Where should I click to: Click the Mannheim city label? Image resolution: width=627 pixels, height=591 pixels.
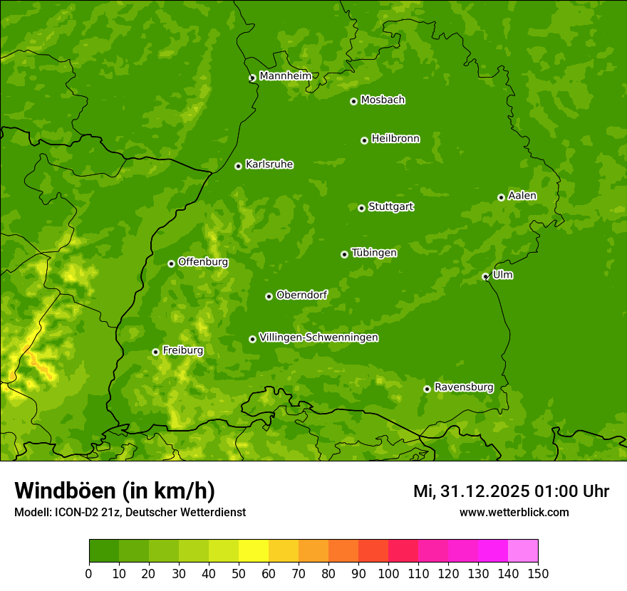pos(286,75)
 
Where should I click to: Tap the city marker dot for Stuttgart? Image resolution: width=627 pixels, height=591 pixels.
pos(361,208)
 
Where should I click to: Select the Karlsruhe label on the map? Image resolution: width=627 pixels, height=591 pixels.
pos(269,164)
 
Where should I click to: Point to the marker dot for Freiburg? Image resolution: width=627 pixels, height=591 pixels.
pos(155,352)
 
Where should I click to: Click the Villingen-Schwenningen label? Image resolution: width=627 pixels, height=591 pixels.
pos(319,338)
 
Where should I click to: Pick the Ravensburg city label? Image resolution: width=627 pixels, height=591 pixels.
pos(464,387)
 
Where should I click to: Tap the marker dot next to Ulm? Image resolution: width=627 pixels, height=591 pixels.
pos(485,276)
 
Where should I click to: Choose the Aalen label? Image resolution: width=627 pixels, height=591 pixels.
pos(522,196)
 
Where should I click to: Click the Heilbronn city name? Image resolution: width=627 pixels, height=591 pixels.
pos(395,139)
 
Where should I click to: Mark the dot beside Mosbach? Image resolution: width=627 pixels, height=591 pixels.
pos(353,101)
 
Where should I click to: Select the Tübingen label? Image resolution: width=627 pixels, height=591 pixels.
pos(374,253)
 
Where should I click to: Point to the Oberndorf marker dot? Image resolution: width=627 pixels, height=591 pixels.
pos(269,296)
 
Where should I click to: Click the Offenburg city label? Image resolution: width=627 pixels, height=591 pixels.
pos(203,262)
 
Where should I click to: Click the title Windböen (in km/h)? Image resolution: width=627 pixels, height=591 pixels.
pos(115,491)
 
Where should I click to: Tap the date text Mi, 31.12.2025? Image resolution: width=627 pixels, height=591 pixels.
pos(470,491)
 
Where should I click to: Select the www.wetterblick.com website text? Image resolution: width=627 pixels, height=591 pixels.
pos(514,512)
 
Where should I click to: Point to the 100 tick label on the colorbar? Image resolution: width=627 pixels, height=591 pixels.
pos(388,574)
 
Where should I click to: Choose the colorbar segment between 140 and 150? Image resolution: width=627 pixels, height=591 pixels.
pos(522,551)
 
